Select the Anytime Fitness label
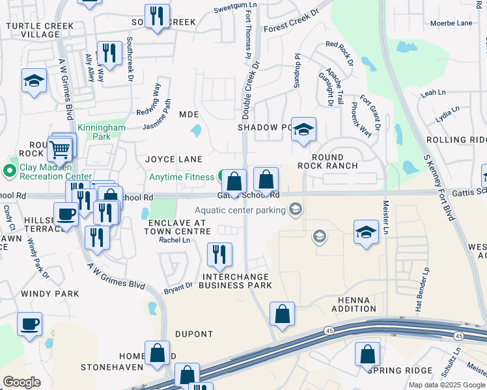point(182,177)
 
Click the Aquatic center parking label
point(240,210)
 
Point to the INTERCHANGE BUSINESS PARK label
point(234,281)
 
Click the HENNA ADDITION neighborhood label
point(354,304)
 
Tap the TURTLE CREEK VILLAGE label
point(32,30)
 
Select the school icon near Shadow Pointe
point(303,130)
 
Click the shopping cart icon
point(59,150)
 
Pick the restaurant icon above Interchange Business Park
point(219,254)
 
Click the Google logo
point(21,382)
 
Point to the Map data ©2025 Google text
point(447,385)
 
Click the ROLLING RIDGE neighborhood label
point(456,140)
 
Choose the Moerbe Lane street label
point(451,23)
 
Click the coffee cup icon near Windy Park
point(29,324)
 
